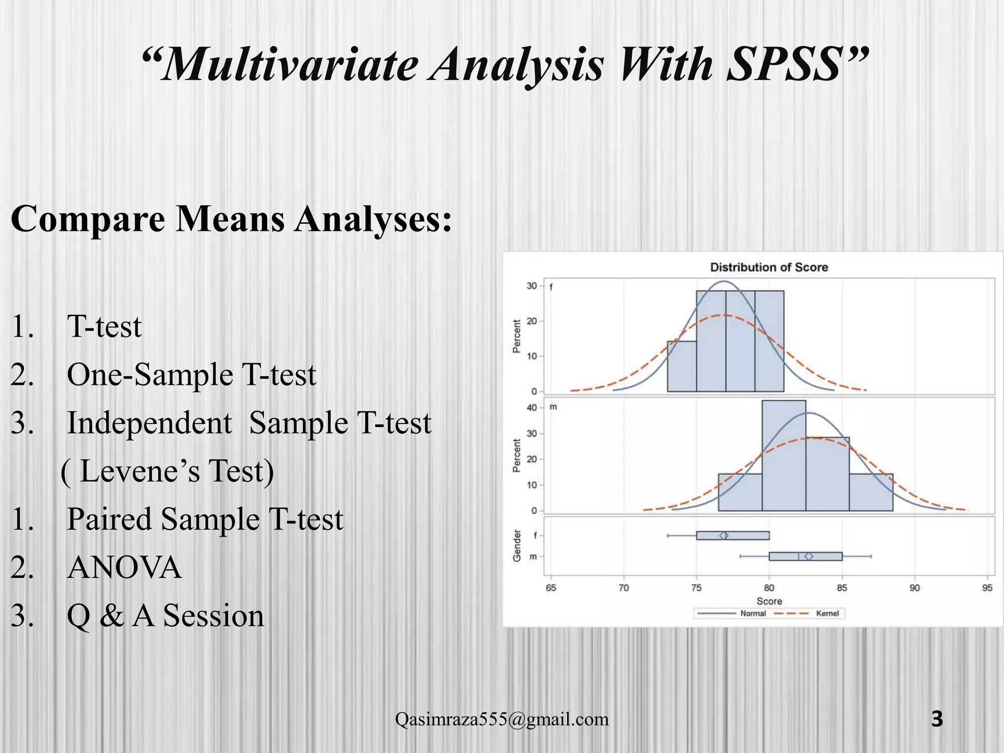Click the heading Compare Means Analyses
(231, 219)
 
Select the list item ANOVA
(124, 568)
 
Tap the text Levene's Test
(167, 471)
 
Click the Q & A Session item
(165, 616)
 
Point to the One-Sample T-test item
(191, 375)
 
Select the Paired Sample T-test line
(205, 519)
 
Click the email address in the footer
(502, 719)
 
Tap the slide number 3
(936, 719)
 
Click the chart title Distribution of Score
(769, 267)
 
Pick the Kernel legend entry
(827, 613)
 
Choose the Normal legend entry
(753, 613)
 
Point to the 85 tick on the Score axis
(842, 588)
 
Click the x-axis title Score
(769, 601)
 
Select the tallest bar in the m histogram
(783, 456)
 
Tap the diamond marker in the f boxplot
(724, 535)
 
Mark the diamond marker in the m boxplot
(809, 556)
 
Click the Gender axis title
(516, 545)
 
